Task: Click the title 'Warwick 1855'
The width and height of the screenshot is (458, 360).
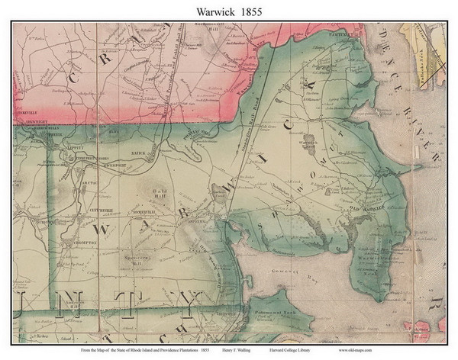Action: click(228, 10)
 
